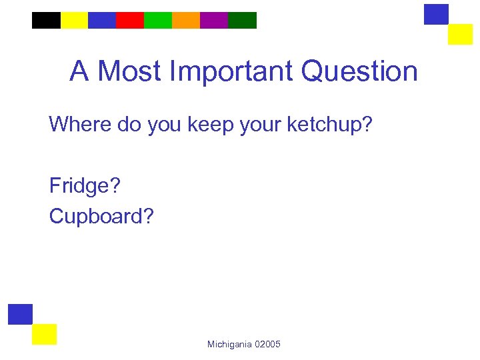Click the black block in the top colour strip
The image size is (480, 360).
tap(46, 20)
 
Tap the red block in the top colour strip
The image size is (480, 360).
tap(130, 20)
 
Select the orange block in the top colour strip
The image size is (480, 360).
tap(186, 20)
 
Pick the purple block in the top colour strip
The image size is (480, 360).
tap(214, 20)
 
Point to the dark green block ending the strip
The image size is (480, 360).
tap(242, 20)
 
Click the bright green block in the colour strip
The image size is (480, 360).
tap(158, 20)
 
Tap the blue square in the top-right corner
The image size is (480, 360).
tap(437, 14)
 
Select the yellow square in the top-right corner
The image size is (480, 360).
tap(460, 34)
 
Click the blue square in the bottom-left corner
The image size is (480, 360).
tap(21, 314)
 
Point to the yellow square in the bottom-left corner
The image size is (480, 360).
tap(45, 334)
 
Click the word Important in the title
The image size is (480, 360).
tap(231, 71)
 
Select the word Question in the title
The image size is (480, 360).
tap(359, 71)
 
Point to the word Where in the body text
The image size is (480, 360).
tap(73, 124)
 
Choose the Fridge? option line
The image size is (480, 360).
tap(85, 185)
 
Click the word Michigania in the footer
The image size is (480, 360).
tap(229, 344)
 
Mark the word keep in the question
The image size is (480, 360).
tap(209, 124)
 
